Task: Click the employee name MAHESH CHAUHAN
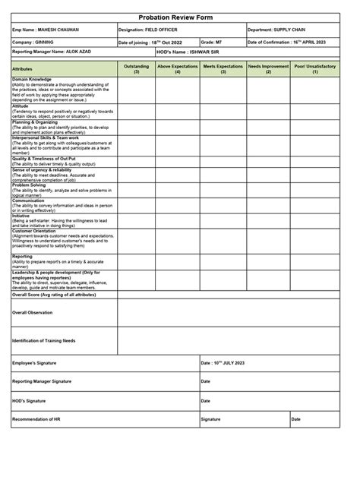click(47, 30)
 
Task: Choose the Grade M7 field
click(213, 43)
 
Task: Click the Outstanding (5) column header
click(136, 69)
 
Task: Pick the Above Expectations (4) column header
click(178, 69)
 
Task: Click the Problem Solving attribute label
click(31, 185)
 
